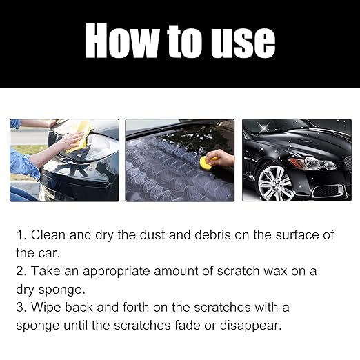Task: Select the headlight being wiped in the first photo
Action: (x=98, y=146)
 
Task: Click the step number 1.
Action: (x=21, y=235)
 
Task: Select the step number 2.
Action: (x=21, y=271)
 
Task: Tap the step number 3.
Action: (x=21, y=307)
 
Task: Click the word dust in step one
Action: (x=156, y=235)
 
